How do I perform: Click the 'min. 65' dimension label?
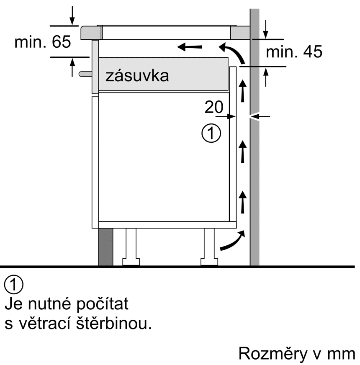43,42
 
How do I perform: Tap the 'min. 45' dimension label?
294,51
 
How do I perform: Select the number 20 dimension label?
214,107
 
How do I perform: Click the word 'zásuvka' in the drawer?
137,76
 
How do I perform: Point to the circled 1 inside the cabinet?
211,134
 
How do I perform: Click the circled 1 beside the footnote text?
14,285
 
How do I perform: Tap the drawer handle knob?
85,74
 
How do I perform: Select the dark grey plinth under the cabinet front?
106,247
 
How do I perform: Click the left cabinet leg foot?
131,262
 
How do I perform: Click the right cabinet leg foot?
209,262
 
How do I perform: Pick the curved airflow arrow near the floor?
233,240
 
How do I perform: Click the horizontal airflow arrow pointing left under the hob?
190,47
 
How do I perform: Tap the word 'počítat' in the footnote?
103,304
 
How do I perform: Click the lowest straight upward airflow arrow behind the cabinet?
243,202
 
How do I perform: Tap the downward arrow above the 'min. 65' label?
72,15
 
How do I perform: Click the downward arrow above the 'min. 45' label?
266,29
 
